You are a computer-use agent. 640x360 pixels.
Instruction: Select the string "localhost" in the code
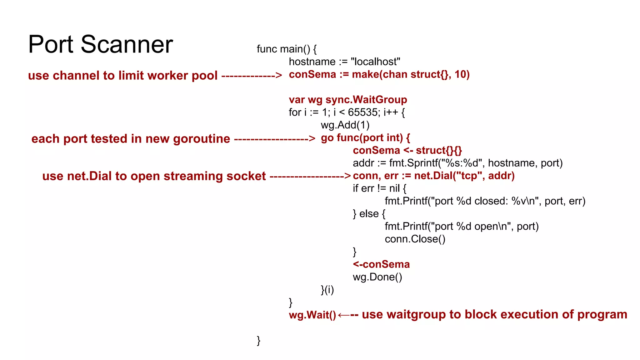[x=375, y=62]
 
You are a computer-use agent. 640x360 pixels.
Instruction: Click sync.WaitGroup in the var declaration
[x=366, y=100]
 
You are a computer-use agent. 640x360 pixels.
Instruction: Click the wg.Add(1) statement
[x=345, y=125]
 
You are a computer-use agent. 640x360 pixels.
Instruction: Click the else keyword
[x=369, y=214]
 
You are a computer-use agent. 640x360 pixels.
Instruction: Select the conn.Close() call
[x=415, y=239]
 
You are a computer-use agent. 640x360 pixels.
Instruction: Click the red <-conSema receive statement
[x=381, y=264]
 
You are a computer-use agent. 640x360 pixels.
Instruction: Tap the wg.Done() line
[x=377, y=277]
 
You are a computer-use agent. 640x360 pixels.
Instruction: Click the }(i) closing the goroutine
[x=327, y=290]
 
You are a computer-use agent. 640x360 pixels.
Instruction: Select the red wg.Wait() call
[x=312, y=315]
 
